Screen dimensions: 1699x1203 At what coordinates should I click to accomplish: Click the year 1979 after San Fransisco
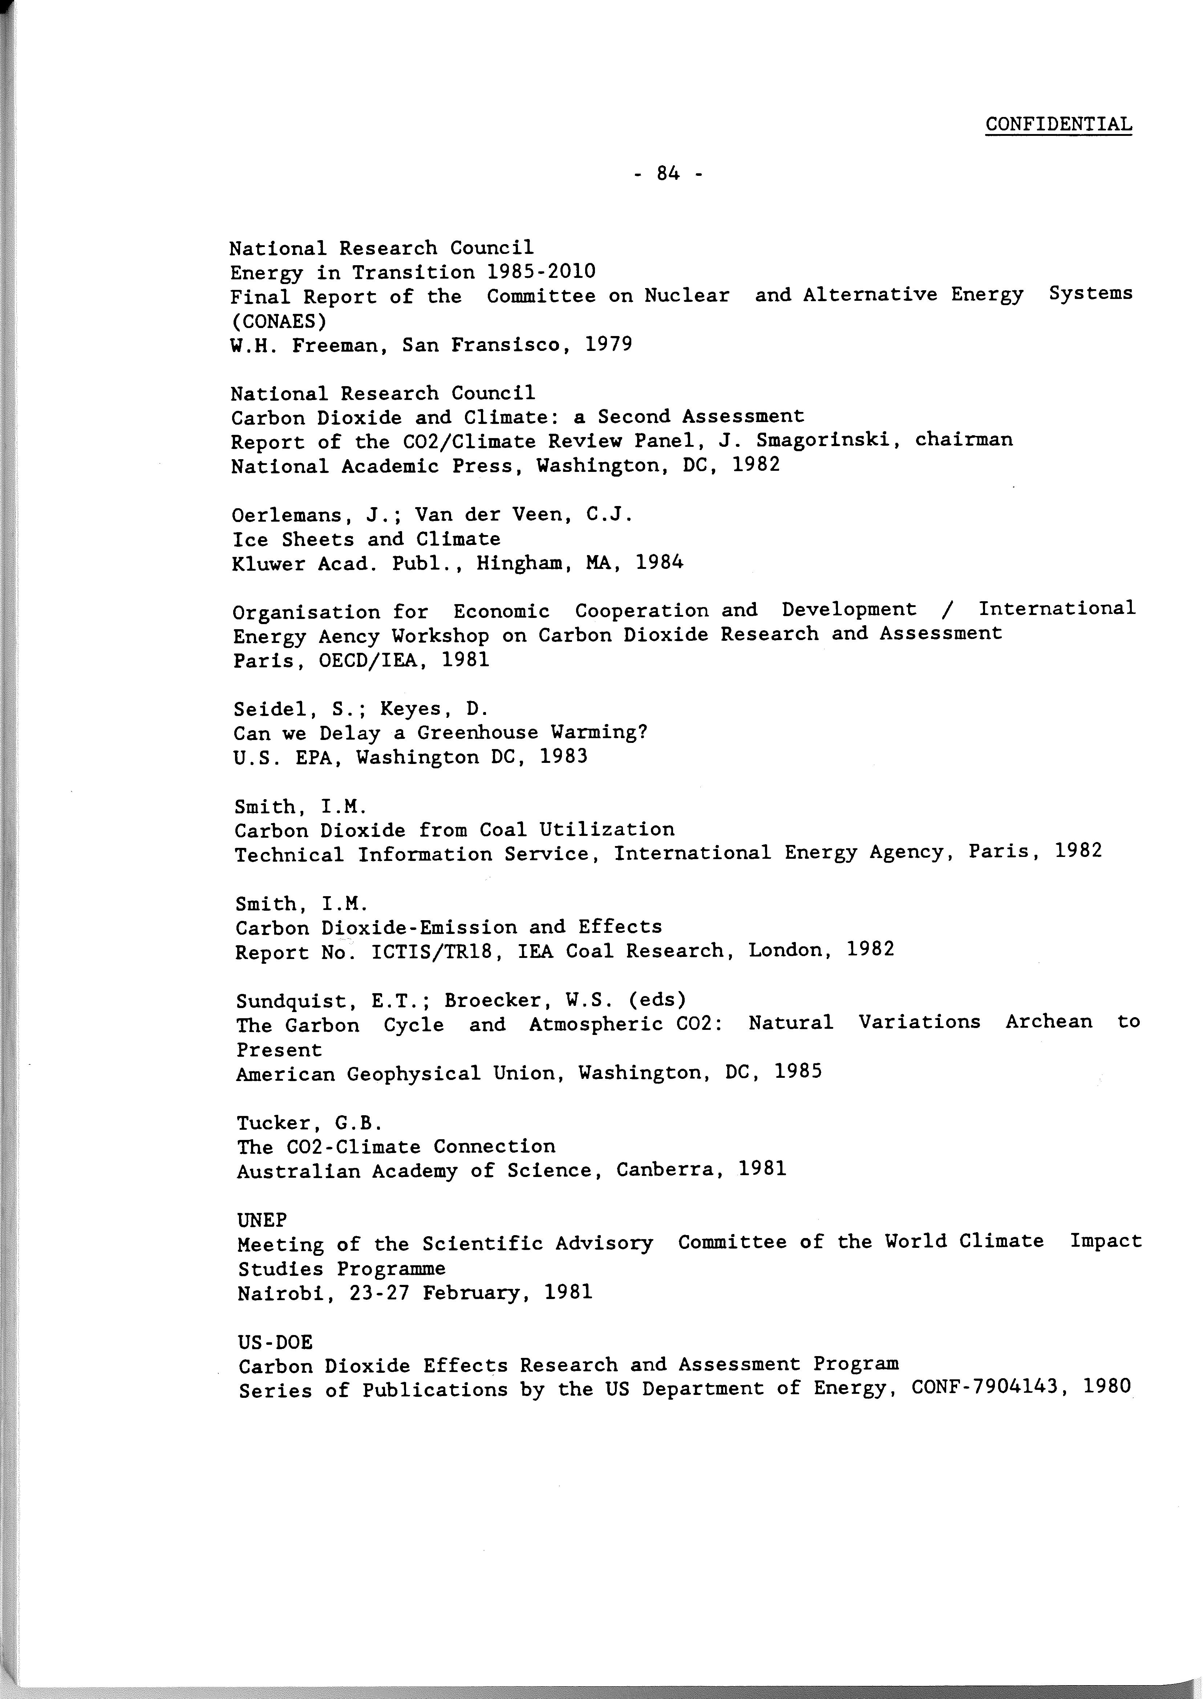click(x=608, y=344)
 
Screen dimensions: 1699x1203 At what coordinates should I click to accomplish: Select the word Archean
click(x=1048, y=1022)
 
